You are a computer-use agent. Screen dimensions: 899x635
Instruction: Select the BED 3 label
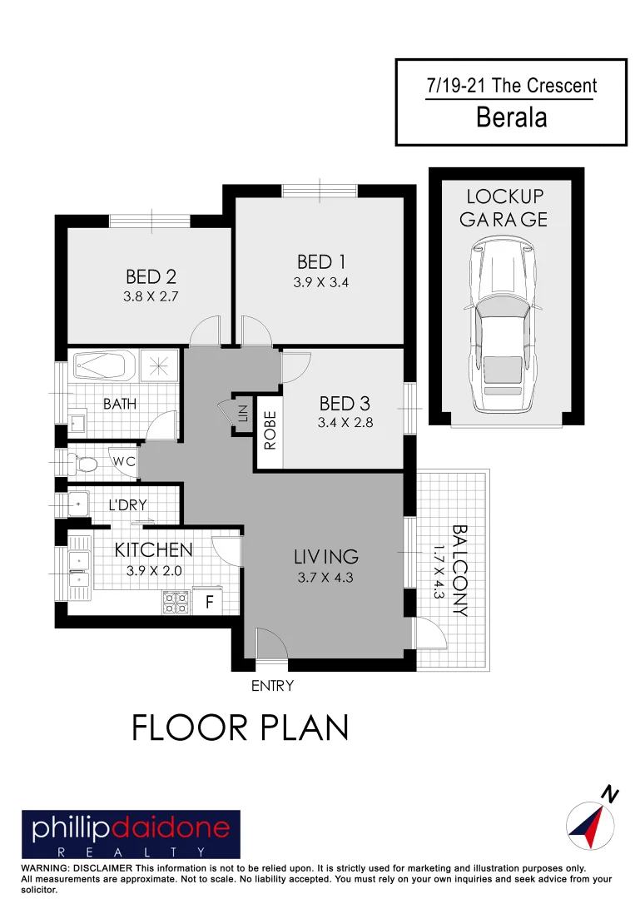click(x=344, y=404)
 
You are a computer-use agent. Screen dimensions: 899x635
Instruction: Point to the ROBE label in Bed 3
click(x=270, y=430)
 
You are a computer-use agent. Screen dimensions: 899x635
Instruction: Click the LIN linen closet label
click(x=243, y=414)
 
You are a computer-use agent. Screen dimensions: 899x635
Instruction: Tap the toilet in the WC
click(x=84, y=460)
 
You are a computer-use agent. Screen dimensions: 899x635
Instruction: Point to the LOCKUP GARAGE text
click(x=504, y=208)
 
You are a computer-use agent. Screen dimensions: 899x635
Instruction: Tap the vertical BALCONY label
click(x=459, y=570)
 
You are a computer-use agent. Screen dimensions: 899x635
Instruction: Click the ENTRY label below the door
click(x=272, y=686)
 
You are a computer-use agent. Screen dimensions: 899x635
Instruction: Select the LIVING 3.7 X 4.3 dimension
click(x=325, y=577)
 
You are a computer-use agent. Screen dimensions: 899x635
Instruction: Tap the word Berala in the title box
click(x=511, y=117)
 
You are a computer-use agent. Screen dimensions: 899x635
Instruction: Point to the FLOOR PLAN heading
click(x=240, y=728)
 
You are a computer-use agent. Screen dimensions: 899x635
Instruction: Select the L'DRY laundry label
click(x=129, y=505)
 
